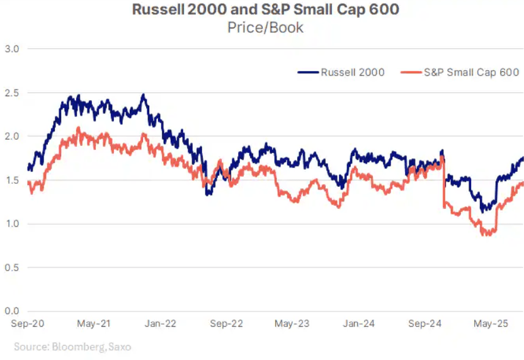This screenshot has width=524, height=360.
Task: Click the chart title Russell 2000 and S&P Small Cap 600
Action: [x=265, y=11]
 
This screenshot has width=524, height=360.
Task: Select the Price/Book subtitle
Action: [x=265, y=28]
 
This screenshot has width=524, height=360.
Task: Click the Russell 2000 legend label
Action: [x=353, y=72]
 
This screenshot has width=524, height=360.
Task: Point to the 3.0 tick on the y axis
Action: [x=12, y=48]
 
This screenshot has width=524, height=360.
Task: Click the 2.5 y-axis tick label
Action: [x=12, y=93]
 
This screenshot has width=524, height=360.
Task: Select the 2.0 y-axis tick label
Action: [x=12, y=137]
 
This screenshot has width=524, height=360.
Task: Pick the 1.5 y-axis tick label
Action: [x=12, y=180]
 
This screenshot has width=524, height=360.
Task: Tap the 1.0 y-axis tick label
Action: [x=12, y=224]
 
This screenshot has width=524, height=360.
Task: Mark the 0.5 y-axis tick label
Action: [x=12, y=267]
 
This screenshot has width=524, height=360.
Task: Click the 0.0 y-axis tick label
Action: [x=12, y=312]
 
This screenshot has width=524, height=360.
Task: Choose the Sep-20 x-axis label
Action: [x=27, y=324]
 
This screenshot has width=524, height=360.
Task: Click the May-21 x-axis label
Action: [x=94, y=324]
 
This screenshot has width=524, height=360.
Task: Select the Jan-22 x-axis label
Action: [x=161, y=324]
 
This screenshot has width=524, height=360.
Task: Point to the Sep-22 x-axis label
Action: [x=227, y=324]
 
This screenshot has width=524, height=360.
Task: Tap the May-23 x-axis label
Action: [x=292, y=324]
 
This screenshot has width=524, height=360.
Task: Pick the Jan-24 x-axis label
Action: [x=359, y=324]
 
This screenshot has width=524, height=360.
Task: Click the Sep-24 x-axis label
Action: [x=425, y=324]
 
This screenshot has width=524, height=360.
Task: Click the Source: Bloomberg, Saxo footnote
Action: [x=72, y=346]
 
